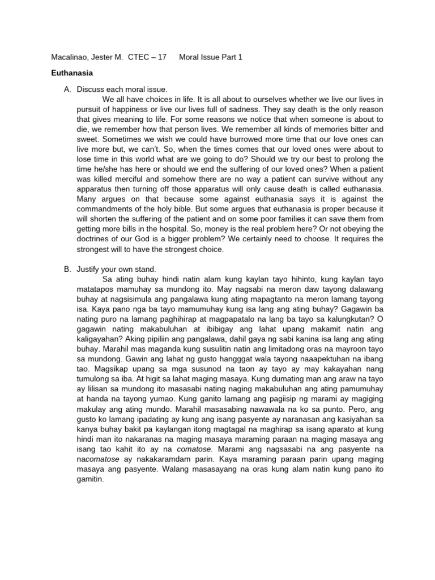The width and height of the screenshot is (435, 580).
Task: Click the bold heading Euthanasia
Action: point(72,73)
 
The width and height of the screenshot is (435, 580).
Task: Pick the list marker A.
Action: point(67,89)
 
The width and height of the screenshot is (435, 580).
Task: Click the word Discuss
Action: point(92,89)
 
